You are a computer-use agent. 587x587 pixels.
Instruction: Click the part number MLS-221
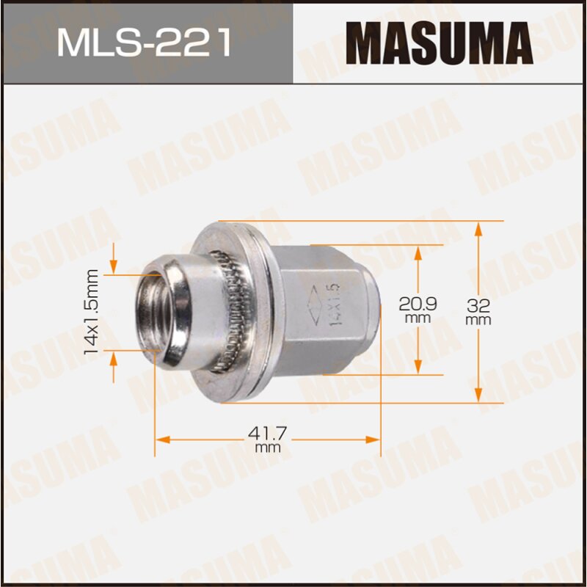click(145, 43)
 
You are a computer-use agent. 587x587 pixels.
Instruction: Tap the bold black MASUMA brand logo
click(438, 43)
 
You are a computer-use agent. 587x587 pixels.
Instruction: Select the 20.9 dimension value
click(417, 303)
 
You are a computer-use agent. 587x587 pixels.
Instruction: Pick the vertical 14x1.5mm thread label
click(92, 312)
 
